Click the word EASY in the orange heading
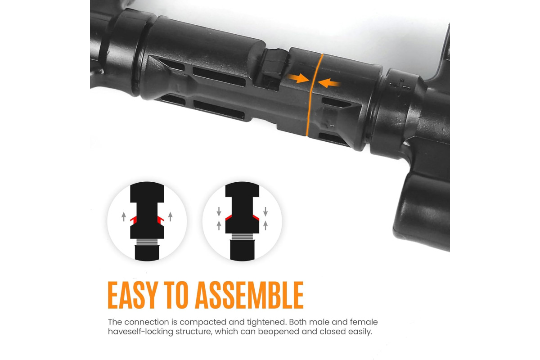133,295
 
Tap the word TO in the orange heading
176,295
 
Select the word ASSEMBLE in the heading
249,295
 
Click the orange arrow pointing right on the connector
298,78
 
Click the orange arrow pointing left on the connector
329,83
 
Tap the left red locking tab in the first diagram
134,219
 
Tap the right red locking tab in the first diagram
161,219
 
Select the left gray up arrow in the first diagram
124,216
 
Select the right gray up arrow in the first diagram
171,216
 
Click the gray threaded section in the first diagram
147,242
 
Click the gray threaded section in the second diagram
242,237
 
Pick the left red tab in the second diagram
229,217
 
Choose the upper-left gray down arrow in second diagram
219,211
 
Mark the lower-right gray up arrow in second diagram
265,225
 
